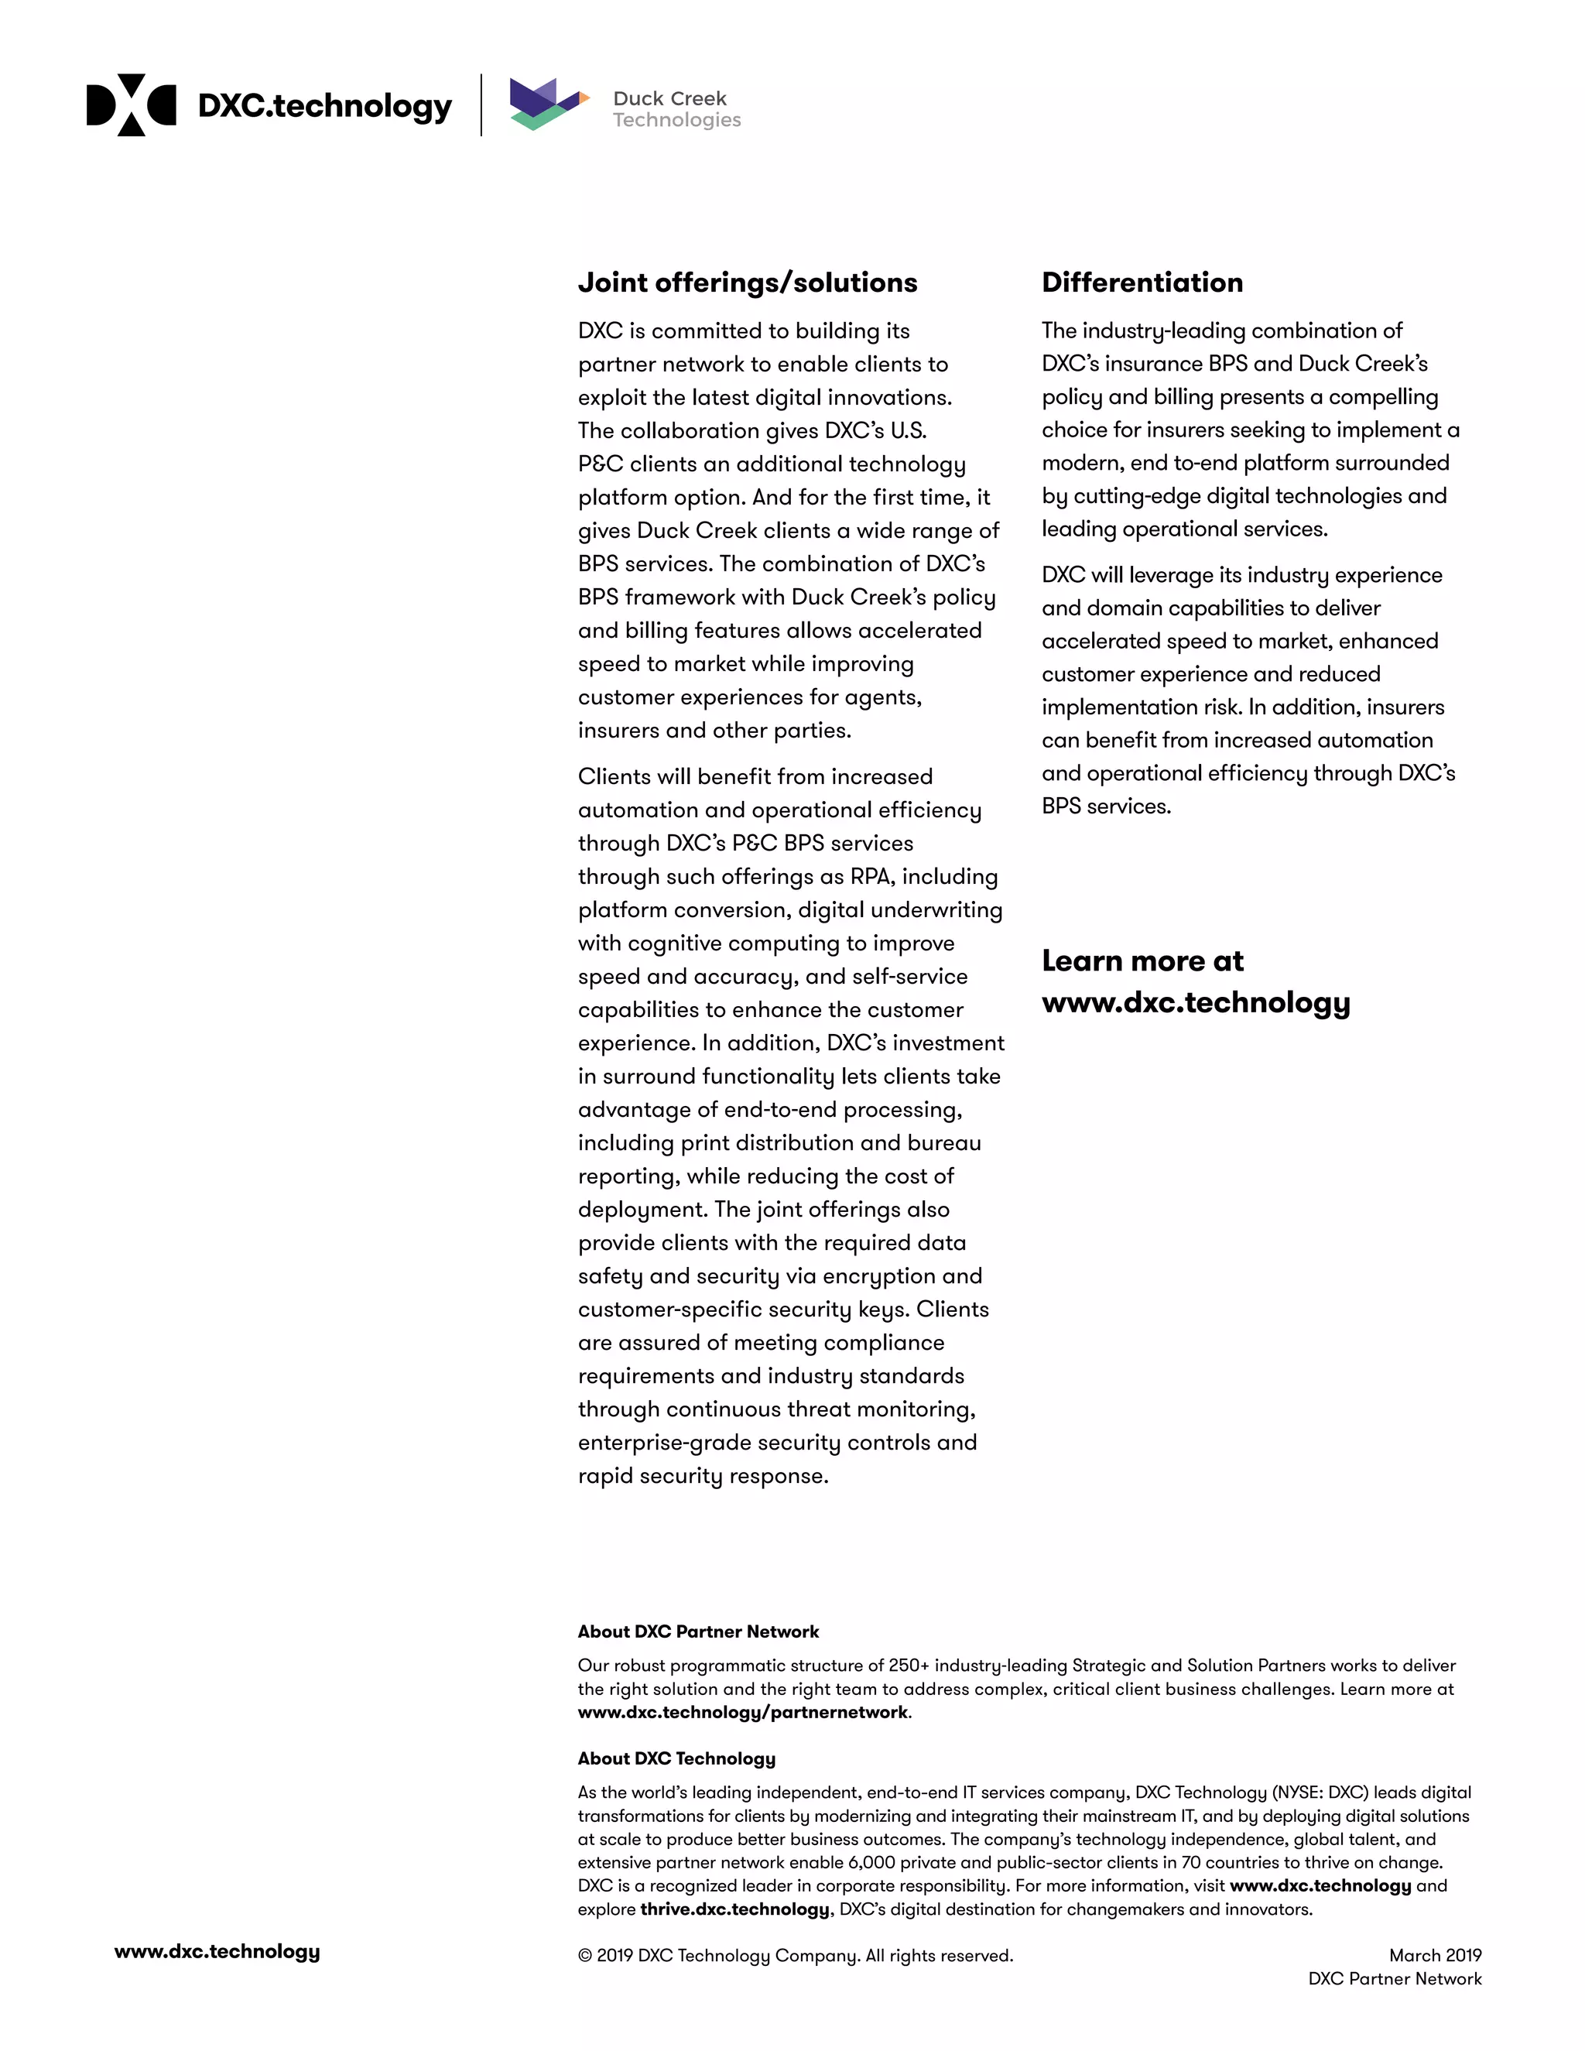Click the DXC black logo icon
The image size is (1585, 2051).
pos(131,105)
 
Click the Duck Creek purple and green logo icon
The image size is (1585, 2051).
pos(547,104)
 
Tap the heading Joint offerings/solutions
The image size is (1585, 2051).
pos(748,282)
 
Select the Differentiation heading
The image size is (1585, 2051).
pos(1142,282)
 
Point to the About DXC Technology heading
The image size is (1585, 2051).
pos(676,1758)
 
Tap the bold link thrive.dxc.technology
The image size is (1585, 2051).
pos(734,1909)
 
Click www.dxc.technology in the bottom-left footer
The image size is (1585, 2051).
pos(217,1951)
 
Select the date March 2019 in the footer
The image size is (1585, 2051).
pos(1435,1955)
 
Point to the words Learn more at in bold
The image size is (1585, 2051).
pos(1142,960)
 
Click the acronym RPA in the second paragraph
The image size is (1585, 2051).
pos(871,876)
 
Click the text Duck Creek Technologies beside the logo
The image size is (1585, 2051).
pos(676,109)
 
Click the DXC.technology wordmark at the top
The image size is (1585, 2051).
pos(325,106)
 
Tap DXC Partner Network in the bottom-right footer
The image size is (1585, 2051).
pos(1395,1979)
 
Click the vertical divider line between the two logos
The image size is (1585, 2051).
pos(481,105)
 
